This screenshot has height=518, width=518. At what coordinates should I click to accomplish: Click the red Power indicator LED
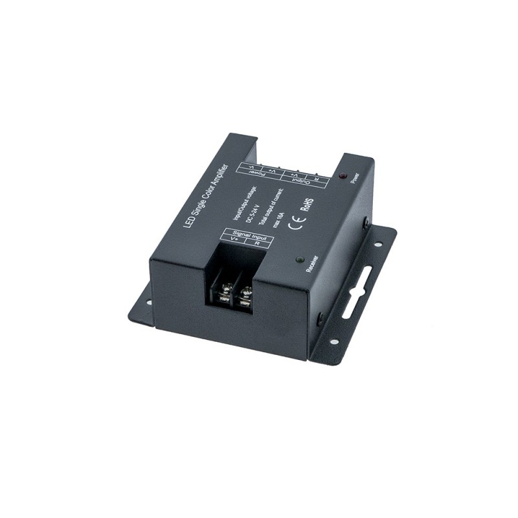[x=343, y=175]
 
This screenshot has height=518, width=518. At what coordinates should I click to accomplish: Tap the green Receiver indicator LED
[x=299, y=260]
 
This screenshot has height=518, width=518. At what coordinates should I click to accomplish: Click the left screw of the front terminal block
[x=224, y=292]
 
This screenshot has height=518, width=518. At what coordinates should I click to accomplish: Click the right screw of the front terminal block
[x=245, y=296]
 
